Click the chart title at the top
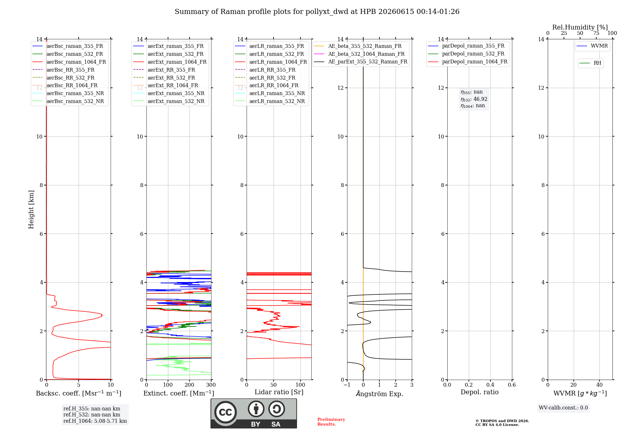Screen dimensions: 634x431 click(x=317, y=12)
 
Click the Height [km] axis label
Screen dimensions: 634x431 click(x=31, y=209)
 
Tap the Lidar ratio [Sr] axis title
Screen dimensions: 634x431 click(x=279, y=392)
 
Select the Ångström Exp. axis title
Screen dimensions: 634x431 click(x=379, y=394)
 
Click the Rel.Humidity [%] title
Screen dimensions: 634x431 click(x=580, y=27)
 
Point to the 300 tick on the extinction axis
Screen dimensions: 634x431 click(x=211, y=385)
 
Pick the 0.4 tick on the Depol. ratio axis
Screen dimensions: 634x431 click(x=490, y=385)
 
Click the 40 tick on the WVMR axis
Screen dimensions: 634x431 click(x=599, y=385)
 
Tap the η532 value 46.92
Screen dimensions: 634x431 click(x=480, y=99)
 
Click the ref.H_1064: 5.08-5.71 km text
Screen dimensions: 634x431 click(x=95, y=421)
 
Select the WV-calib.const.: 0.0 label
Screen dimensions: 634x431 click(x=563, y=408)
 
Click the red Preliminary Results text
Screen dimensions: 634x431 click(x=331, y=422)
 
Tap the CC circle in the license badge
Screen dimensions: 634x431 click(x=225, y=412)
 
